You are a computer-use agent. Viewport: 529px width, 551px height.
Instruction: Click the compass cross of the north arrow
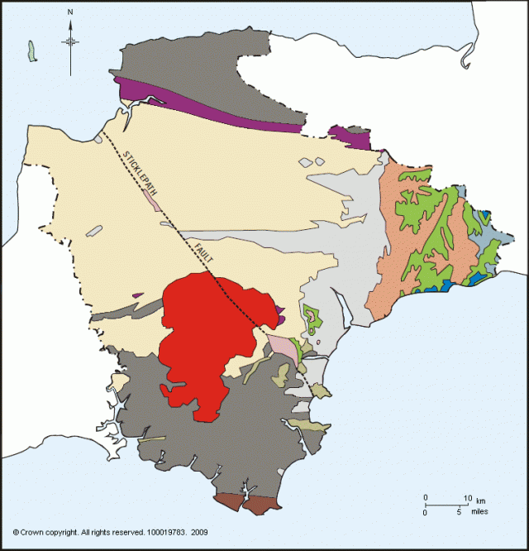point(71,41)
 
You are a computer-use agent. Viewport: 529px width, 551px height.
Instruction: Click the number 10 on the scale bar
point(467,497)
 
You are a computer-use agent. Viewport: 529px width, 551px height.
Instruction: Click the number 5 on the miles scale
point(459,512)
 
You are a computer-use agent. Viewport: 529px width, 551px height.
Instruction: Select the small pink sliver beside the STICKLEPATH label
point(150,199)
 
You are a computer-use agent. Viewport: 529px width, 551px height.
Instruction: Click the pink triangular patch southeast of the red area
point(282,347)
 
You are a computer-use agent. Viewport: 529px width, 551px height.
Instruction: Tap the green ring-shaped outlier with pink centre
point(312,318)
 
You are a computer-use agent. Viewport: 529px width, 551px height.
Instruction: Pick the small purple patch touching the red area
point(281,313)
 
